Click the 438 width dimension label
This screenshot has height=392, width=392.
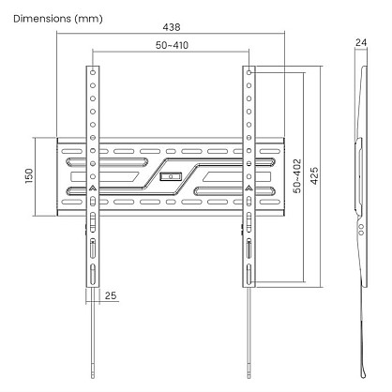(172, 27)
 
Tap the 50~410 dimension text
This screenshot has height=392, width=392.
(172, 45)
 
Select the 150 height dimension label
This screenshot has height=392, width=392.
(29, 175)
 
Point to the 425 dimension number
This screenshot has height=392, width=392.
(314, 175)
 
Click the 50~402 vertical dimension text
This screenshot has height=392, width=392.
(297, 175)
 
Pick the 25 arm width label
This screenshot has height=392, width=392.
(111, 295)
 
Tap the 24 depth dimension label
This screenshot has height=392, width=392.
(361, 42)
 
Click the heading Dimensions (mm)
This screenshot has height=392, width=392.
(58, 19)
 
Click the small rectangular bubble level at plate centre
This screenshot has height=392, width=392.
(171, 176)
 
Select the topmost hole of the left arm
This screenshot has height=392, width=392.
(93, 72)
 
